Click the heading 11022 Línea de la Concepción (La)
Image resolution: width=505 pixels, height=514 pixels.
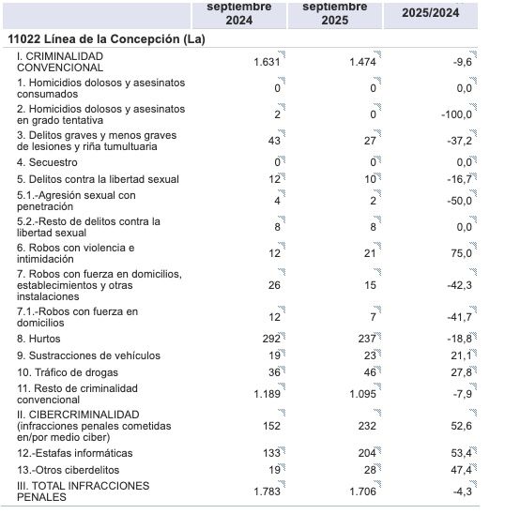(x=105, y=39)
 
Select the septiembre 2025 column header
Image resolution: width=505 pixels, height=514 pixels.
(x=336, y=12)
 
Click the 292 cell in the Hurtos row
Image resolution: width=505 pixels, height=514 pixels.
(x=271, y=338)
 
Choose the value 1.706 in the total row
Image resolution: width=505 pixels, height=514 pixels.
(x=361, y=491)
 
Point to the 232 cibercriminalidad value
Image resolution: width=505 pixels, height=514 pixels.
(x=366, y=426)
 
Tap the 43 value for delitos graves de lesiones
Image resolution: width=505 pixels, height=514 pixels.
(x=275, y=141)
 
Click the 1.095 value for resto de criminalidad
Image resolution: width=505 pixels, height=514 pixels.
(x=361, y=394)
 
